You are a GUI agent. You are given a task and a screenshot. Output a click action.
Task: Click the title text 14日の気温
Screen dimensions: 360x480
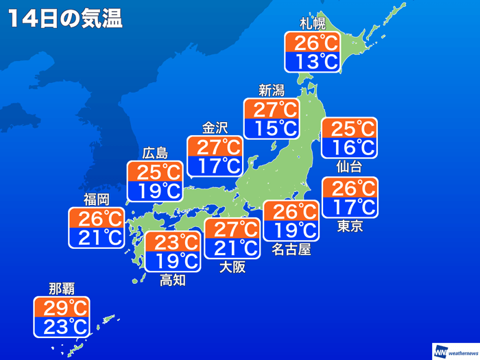pos(65,19)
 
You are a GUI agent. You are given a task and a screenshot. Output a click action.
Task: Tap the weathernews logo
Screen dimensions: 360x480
pos(454,351)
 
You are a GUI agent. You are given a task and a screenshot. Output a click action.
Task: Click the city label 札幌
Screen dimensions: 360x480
pos(312,24)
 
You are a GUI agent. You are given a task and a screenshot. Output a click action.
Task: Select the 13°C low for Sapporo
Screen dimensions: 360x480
pos(312,62)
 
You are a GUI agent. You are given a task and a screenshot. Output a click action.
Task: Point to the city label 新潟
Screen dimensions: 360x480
pos(271,90)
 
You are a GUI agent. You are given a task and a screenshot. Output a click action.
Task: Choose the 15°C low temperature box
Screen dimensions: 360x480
pos(272,128)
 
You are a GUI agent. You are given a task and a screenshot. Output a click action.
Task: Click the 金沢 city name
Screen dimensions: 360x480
pos(215,128)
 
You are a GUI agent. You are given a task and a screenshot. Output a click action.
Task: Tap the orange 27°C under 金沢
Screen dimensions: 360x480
pos(215,147)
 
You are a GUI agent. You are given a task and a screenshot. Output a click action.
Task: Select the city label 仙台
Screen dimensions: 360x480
pos(349,166)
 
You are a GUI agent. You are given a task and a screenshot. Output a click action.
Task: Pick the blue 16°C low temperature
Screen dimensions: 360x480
pos(349,147)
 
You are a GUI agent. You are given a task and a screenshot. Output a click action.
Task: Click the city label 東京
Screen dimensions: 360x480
pos(350,226)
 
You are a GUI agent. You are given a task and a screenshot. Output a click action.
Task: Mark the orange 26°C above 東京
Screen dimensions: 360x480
pos(350,187)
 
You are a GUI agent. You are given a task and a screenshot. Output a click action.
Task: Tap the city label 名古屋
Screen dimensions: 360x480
pos(291,249)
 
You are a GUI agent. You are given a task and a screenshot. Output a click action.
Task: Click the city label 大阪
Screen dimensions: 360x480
pos(232,267)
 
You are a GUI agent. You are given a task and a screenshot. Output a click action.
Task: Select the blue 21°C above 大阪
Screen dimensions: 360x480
pos(232,248)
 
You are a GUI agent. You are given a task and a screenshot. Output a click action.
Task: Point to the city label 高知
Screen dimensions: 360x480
pos(172,280)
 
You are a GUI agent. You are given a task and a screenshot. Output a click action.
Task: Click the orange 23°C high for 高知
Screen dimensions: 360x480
pos(173,242)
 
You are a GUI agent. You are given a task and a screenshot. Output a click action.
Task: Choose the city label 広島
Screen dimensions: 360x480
pos(154,152)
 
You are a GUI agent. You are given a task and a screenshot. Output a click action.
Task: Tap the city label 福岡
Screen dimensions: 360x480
pos(96,200)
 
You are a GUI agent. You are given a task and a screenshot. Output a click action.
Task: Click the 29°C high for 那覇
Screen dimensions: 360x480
pos(62,307)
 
